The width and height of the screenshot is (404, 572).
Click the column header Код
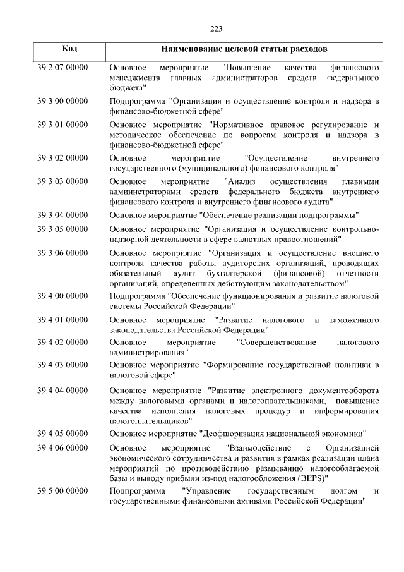(70, 49)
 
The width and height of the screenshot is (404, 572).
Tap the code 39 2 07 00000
(62, 67)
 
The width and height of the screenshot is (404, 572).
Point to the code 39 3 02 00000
(62, 157)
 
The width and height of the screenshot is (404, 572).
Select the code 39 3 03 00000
(62, 181)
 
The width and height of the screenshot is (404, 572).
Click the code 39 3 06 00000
(62, 253)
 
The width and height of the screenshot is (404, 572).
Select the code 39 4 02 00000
(62, 343)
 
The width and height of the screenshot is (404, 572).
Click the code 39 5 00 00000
(62, 490)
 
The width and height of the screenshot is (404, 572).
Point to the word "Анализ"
(239, 181)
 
